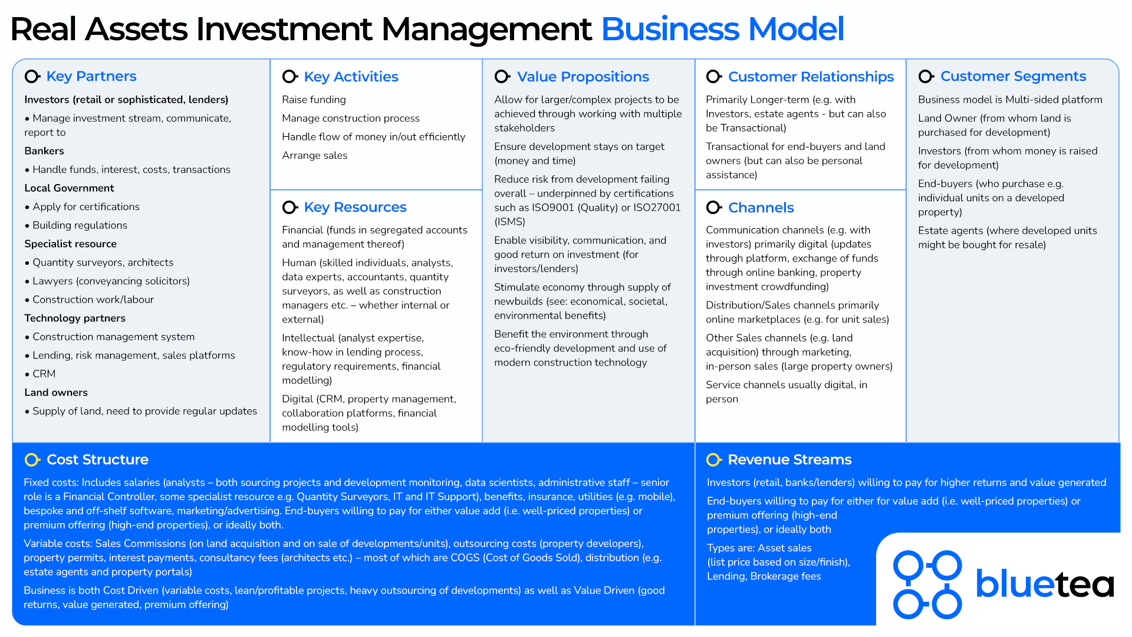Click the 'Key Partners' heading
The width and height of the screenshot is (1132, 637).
point(91,76)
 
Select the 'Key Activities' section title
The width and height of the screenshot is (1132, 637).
point(351,77)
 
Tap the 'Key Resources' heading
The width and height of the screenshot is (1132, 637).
point(355,207)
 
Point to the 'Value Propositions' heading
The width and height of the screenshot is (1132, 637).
point(583,77)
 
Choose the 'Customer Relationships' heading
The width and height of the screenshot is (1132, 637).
point(811,77)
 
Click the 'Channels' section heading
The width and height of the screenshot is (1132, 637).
point(761,208)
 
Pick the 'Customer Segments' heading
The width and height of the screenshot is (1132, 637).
point(1013,76)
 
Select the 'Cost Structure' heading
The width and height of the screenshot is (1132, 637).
point(97,459)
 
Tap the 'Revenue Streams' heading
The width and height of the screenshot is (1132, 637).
point(789,459)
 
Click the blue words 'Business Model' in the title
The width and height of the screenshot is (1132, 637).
point(722,29)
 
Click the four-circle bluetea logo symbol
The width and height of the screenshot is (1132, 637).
point(927,585)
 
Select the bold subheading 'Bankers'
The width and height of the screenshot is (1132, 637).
point(44,151)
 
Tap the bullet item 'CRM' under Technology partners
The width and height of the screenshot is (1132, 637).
point(44,374)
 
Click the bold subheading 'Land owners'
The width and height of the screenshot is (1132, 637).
point(56,393)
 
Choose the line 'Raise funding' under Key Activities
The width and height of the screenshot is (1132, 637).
point(314,100)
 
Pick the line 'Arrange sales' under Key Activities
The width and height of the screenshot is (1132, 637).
point(314,156)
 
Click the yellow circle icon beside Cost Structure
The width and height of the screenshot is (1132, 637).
point(32,459)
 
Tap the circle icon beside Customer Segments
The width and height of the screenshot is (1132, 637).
point(926,76)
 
